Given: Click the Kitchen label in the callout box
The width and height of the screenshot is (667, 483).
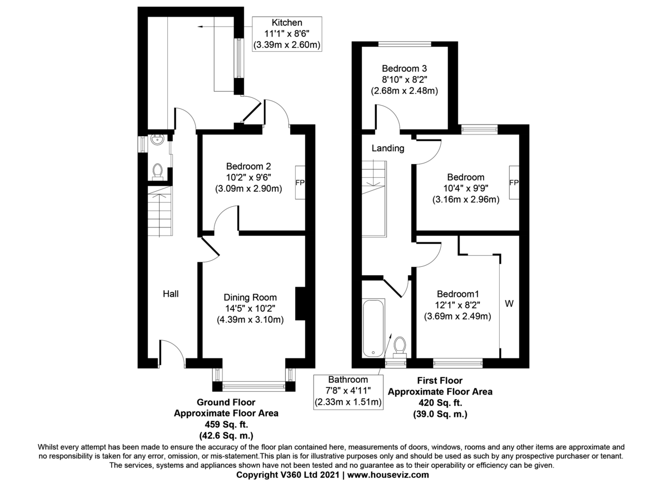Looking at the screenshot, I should pos(287,23).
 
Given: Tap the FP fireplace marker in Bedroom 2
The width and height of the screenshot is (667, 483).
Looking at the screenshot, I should pos(300,182).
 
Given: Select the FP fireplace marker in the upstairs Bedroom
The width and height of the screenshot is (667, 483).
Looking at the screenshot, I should pos(514,182).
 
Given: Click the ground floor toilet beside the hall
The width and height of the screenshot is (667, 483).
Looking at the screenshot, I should pos(157,172).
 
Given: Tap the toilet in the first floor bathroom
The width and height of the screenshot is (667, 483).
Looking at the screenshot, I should pos(399,347).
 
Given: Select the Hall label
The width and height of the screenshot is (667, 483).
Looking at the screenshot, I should pos(171,293).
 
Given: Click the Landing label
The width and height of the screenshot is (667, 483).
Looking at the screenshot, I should pos(387,148).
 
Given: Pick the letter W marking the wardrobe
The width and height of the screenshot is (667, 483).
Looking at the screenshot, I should pos(509,304).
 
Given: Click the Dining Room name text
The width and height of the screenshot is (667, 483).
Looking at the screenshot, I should pos(250,297).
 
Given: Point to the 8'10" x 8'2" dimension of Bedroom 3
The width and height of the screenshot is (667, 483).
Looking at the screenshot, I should pos(404,79).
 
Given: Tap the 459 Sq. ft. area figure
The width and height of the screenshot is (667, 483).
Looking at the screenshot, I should pos(226,424).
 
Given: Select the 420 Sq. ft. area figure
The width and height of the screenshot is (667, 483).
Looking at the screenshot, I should pos(440,402).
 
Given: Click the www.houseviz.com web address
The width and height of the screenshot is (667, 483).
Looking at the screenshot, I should pos(389,475).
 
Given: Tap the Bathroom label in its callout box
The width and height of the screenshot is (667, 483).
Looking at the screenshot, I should pos(348,380).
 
